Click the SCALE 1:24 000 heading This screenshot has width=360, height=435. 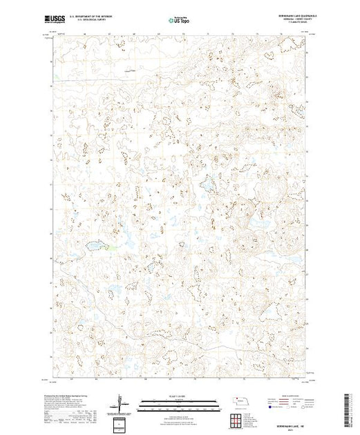click(176, 394)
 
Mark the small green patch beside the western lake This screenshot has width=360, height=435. click(109, 246)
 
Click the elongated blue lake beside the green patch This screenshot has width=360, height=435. click(94, 244)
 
